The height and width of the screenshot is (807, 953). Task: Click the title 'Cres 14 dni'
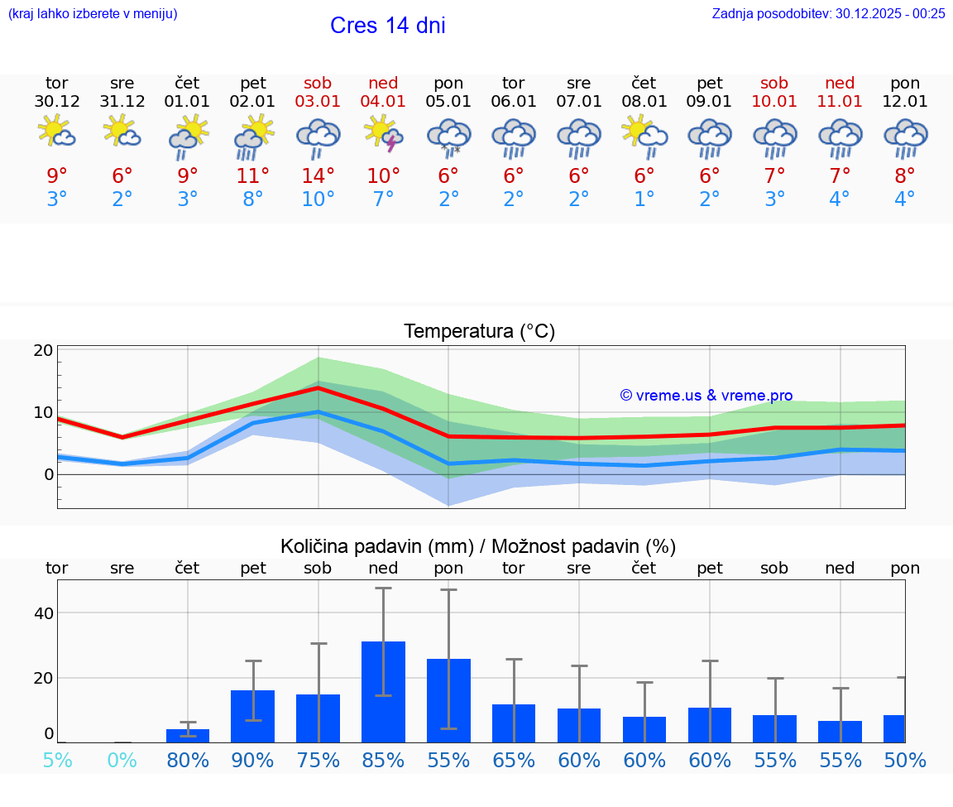387,26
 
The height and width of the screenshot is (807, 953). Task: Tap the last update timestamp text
828,13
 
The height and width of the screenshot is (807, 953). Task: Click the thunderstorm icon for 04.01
383,135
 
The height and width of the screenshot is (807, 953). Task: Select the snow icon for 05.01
448,138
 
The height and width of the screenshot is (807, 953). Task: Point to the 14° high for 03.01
318,175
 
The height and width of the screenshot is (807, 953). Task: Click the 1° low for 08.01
644,199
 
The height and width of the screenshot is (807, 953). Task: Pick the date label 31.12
122,102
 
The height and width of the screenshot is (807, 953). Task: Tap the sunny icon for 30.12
57,132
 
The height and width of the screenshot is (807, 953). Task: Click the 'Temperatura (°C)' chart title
479,332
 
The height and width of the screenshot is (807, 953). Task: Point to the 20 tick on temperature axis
44,350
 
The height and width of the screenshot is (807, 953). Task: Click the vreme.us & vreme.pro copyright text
706,396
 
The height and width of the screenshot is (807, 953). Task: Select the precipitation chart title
478,546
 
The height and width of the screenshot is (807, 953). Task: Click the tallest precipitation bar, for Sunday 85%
383,691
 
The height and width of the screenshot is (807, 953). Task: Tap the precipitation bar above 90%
252,716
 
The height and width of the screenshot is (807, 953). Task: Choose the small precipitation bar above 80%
188,736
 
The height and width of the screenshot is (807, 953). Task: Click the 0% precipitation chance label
122,760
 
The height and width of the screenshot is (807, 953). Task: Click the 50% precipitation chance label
904,760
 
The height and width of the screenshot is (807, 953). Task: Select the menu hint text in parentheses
93,13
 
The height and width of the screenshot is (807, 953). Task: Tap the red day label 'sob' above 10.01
774,83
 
